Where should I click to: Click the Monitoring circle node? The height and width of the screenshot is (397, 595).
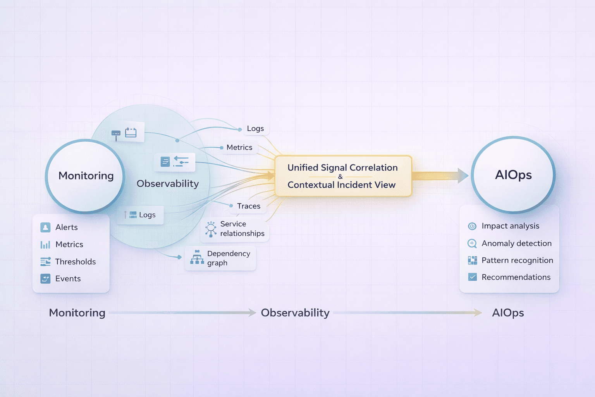coord(86,176)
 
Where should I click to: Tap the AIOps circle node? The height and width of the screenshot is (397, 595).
coord(513,175)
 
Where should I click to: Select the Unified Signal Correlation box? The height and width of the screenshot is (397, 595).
coord(343,176)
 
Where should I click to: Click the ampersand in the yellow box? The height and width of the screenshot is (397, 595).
coord(340,177)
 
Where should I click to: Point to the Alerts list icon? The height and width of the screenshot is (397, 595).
coord(45,227)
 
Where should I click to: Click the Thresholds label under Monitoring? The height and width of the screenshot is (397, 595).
coord(76,262)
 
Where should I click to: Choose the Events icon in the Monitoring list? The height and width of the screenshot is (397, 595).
coord(45,279)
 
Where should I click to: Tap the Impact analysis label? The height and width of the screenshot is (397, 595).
coord(510,226)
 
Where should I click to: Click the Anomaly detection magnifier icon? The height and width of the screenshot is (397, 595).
coord(472,243)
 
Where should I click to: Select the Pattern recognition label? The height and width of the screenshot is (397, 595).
coord(517,261)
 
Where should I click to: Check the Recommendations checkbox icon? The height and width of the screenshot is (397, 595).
coord(472,277)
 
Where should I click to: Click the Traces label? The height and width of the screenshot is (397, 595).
coord(249,206)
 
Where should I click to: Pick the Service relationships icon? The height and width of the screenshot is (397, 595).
coord(211,229)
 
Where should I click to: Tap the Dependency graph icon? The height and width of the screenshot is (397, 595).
coord(197,257)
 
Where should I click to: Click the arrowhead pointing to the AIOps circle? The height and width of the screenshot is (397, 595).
coord(463,176)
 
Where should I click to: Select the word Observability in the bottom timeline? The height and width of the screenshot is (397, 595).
coord(295,313)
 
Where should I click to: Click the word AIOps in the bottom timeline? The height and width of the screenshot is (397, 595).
coord(508,313)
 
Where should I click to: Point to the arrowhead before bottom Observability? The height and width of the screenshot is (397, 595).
coord(252,312)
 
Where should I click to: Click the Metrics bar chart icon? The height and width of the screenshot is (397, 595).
coord(45,245)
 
